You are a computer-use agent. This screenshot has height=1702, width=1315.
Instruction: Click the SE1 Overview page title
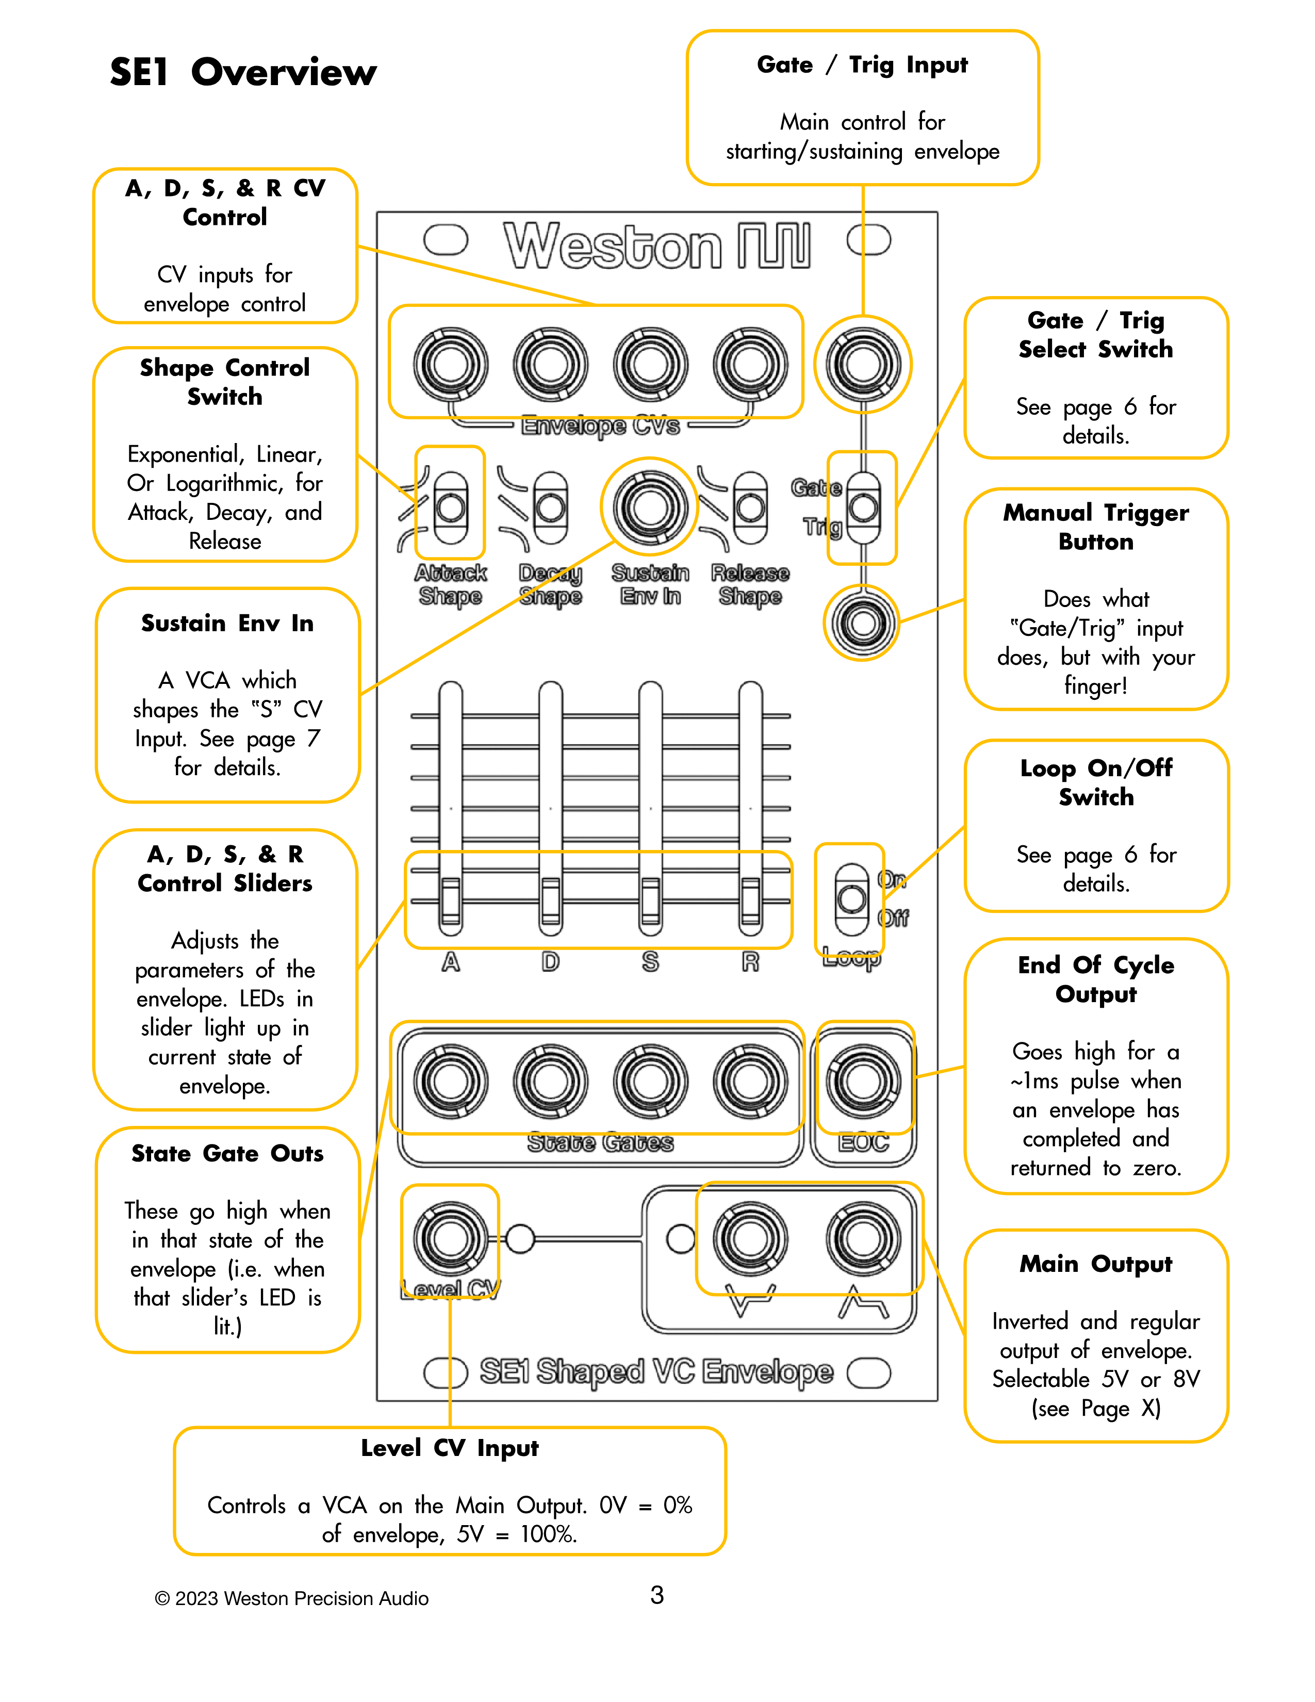tap(242, 73)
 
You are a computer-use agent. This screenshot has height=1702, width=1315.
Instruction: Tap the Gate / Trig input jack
tap(862, 364)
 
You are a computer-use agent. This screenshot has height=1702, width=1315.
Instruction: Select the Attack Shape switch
tap(450, 508)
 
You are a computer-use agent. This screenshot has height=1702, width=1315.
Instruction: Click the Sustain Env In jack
tap(650, 508)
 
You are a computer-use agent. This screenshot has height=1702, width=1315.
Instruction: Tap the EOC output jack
tap(862, 1081)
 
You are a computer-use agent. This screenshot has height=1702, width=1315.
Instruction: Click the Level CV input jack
tap(450, 1238)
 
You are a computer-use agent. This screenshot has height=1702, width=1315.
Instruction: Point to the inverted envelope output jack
tap(749, 1238)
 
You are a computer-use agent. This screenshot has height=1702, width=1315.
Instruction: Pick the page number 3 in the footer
tap(656, 1595)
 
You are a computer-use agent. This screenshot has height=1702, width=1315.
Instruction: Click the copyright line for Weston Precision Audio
tap(291, 1598)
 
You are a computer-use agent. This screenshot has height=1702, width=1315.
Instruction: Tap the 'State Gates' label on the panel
tap(600, 1142)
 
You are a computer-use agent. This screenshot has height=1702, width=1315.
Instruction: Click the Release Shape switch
tap(750, 508)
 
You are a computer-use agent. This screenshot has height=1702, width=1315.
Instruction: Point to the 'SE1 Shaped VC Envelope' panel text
tap(656, 1371)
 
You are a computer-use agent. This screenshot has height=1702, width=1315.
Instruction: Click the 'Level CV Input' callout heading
tap(450, 1448)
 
